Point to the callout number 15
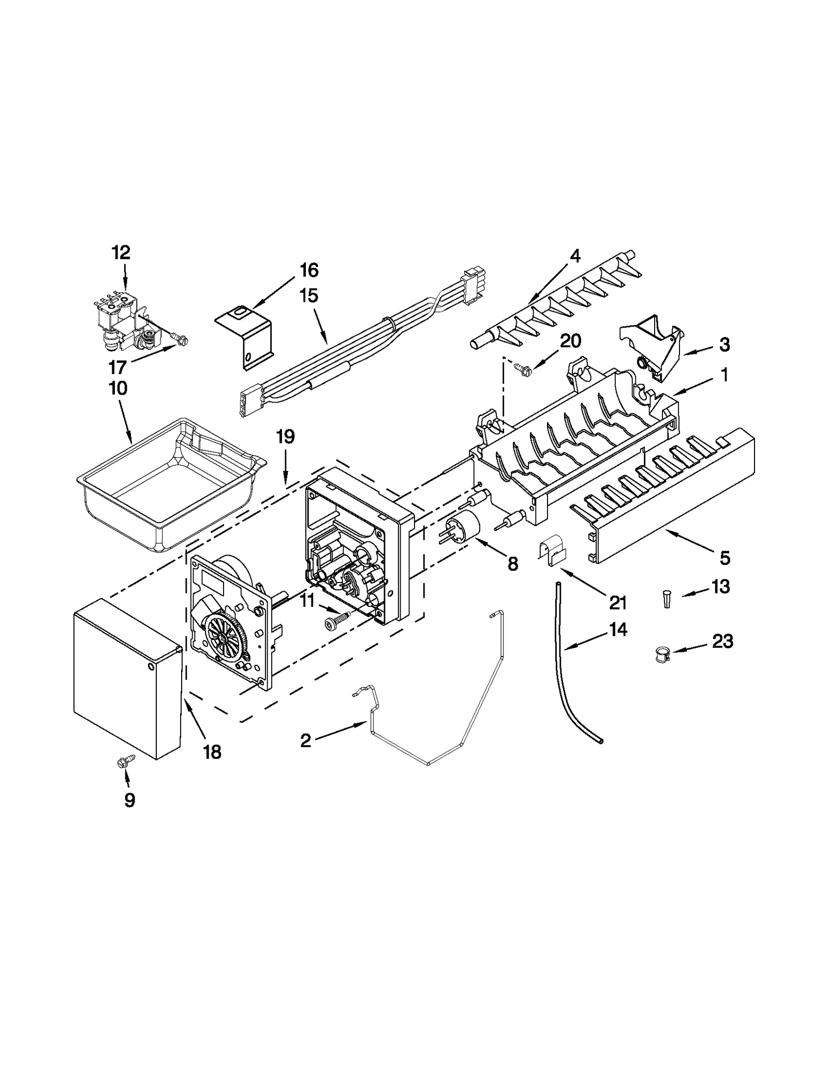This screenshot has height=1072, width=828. tap(308, 296)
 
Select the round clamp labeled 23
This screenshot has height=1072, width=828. tap(660, 656)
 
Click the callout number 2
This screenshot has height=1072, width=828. tap(306, 740)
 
